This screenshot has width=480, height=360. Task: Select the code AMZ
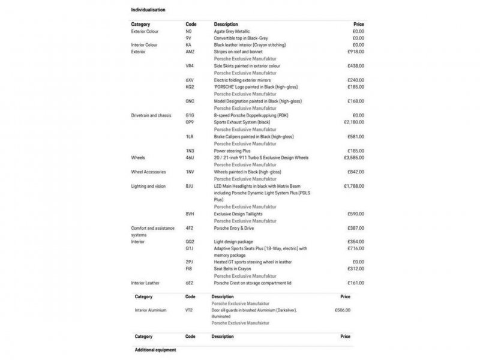[x=190, y=52]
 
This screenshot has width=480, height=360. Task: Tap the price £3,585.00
[x=354, y=158]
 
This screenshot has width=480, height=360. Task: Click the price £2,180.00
[x=354, y=122]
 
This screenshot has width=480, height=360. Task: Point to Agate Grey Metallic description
[x=236, y=31]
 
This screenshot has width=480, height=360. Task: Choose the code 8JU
[x=190, y=187]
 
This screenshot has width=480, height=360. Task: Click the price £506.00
[x=342, y=310]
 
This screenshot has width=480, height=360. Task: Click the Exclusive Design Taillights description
[x=238, y=214]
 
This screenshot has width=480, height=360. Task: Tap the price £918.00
[x=356, y=52]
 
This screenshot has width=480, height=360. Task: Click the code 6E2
[x=190, y=283]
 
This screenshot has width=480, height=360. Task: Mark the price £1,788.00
[x=354, y=187]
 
